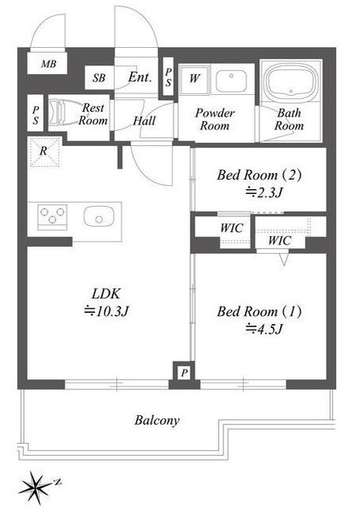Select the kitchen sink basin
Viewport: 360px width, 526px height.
click(99, 216)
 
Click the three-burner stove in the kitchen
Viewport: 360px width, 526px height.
click(52, 217)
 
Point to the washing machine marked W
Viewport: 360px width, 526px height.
click(194, 80)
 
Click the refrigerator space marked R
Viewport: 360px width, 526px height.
click(44, 152)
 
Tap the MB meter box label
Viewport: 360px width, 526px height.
click(49, 64)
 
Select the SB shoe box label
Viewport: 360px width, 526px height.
click(99, 78)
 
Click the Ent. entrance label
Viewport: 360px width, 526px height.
click(140, 77)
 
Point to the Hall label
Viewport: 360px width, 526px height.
click(144, 121)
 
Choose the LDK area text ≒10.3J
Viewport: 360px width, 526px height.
click(106, 311)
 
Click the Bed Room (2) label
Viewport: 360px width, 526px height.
click(259, 175)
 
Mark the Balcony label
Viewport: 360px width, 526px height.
click(157, 421)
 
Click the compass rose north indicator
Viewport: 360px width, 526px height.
click(57, 482)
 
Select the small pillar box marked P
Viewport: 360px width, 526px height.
click(184, 373)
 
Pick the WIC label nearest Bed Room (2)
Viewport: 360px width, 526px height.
click(231, 228)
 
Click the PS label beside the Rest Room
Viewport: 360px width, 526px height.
click(36, 116)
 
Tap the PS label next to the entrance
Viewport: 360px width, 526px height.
click(168, 77)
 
